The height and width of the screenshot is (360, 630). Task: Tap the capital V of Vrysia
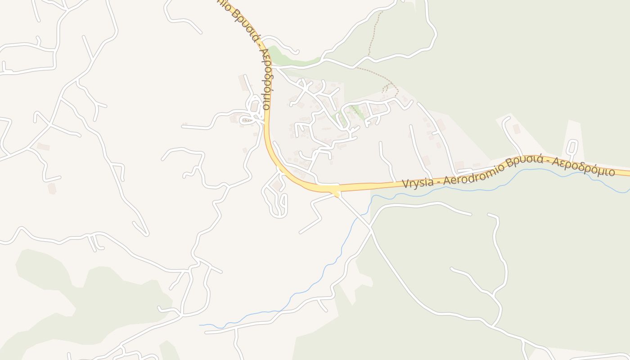pyautogui.click(x=405, y=184)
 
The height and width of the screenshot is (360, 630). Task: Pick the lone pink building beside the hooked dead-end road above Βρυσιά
pyautogui.click(x=516, y=129)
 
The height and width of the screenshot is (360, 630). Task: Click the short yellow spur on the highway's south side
pyautogui.click(x=337, y=194)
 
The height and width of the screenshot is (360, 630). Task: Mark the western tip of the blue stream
pyautogui.click(x=201, y=325)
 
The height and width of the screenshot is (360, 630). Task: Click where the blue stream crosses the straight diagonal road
pyautogui.click(x=357, y=218)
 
